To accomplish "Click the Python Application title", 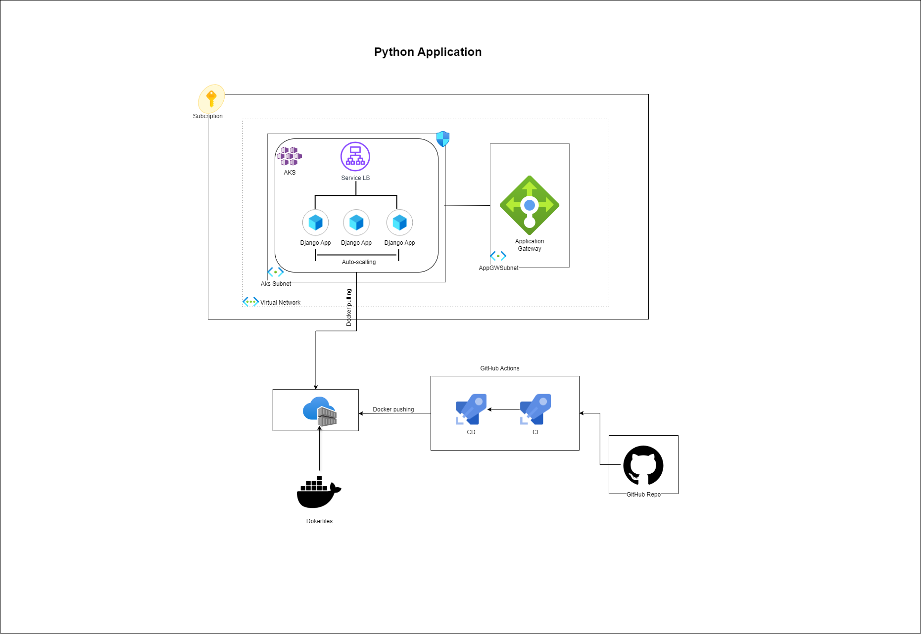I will [428, 52].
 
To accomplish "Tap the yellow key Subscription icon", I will [211, 98].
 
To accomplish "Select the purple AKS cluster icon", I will [290, 156].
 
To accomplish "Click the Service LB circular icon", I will [355, 156].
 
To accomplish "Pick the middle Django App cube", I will [356, 223].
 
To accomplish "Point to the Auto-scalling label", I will [359, 262].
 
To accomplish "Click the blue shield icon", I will [443, 139].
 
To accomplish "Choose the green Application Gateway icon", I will [530, 205].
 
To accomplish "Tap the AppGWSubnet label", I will [498, 268].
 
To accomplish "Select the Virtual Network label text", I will [280, 303].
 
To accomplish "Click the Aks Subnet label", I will [276, 284].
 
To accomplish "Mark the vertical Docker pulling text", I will [349, 308].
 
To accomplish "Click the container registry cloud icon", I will [320, 411].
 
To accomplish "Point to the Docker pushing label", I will [393, 409].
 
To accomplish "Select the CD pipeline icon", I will [471, 409].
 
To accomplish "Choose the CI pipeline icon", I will [535, 409].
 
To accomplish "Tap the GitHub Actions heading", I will [500, 368].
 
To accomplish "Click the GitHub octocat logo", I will [643, 465].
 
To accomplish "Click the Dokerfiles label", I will [319, 521].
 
